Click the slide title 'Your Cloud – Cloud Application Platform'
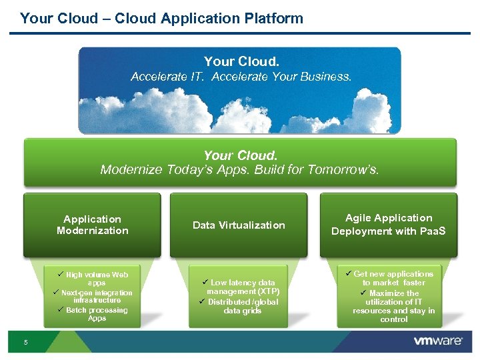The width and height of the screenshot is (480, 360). pyautogui.click(x=161, y=18)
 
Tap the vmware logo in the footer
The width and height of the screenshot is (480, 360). pyautogui.click(x=437, y=341)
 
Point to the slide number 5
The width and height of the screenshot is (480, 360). pyautogui.click(x=25, y=343)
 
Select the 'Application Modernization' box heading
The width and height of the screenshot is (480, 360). pyautogui.click(x=92, y=225)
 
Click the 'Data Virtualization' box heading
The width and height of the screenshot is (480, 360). pyautogui.click(x=239, y=225)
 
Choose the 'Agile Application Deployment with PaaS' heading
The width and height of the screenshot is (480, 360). pyautogui.click(x=389, y=225)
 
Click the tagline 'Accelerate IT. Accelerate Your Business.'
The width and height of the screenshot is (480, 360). pyautogui.click(x=241, y=77)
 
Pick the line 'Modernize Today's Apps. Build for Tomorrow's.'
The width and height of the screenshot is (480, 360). pyautogui.click(x=239, y=170)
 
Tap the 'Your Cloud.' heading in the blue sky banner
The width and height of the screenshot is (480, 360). pyautogui.click(x=241, y=62)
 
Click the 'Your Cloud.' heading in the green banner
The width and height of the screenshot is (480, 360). pyautogui.click(x=240, y=156)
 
